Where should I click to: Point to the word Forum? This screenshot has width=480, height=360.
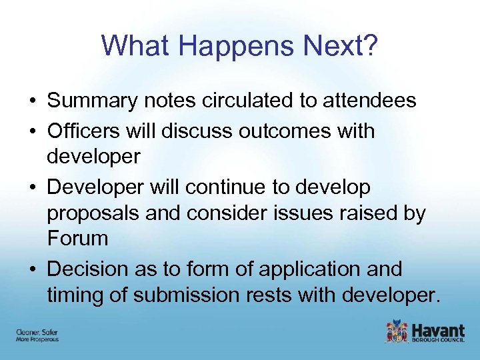[x=77, y=238]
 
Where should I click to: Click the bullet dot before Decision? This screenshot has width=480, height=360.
[x=32, y=269]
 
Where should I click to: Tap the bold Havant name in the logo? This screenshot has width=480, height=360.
[x=438, y=329]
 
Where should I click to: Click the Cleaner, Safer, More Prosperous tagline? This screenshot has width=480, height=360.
[x=37, y=335]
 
